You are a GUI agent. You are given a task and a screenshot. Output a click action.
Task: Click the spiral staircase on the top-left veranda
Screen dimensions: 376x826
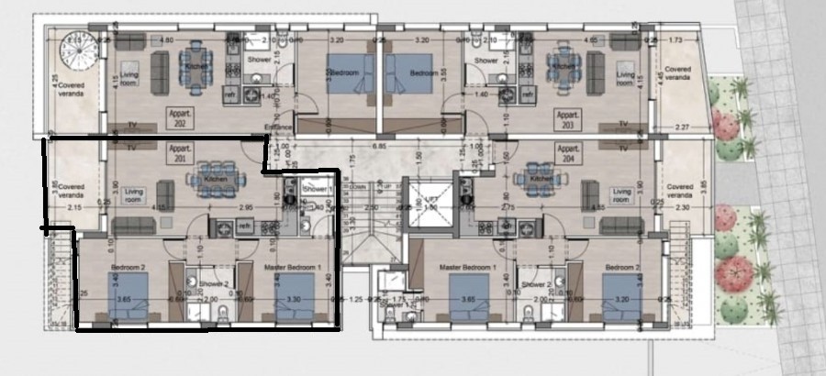coord(73,46)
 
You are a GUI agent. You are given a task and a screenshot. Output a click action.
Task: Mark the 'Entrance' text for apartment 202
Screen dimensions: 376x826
coord(278,127)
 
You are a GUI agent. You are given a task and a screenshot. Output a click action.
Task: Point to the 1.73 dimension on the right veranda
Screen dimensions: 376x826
coord(677,41)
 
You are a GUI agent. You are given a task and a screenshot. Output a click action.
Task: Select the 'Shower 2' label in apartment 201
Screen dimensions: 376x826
coord(214,284)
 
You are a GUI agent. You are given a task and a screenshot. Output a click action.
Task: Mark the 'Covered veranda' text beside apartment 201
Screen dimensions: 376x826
coord(71,190)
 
